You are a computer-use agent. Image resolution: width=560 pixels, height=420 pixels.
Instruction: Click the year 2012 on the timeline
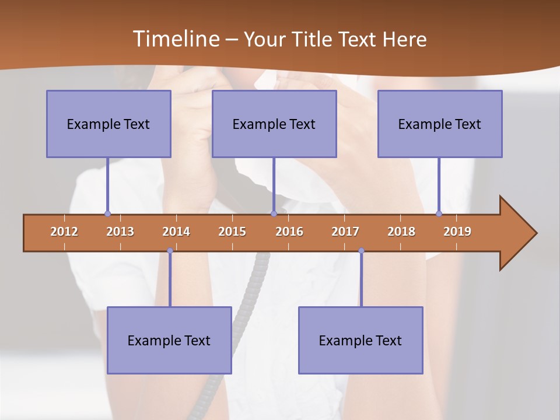point(64,232)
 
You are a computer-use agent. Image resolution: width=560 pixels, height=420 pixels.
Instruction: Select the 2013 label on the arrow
point(120,232)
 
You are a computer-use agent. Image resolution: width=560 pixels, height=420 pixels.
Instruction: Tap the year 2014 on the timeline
point(176,232)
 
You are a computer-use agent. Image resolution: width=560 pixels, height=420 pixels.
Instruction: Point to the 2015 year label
point(232,232)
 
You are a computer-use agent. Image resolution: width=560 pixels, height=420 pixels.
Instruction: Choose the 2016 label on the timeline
point(289,232)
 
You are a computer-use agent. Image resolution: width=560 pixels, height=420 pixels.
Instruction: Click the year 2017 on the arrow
point(345,232)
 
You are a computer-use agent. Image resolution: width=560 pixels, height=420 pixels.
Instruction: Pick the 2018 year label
point(401,232)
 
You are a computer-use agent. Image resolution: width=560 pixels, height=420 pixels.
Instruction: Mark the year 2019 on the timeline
point(457,232)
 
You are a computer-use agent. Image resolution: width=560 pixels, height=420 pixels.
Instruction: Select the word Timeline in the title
point(176,39)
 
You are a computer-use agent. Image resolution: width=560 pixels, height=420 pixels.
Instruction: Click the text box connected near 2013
point(108,124)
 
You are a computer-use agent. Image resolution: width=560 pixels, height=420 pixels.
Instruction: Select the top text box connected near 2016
point(274,124)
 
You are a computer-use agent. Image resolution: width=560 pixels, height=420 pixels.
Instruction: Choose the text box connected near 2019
point(440,124)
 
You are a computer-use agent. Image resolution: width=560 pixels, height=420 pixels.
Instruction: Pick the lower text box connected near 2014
point(169,340)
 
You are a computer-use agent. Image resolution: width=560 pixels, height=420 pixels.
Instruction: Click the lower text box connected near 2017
point(360,340)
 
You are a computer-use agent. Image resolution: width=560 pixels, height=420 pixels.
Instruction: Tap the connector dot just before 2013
point(107,213)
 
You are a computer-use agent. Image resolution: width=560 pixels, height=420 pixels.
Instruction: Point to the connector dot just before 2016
point(274,213)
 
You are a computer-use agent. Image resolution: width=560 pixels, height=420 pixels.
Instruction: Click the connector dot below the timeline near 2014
point(170,251)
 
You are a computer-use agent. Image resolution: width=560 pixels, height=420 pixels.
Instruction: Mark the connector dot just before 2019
point(439,213)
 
